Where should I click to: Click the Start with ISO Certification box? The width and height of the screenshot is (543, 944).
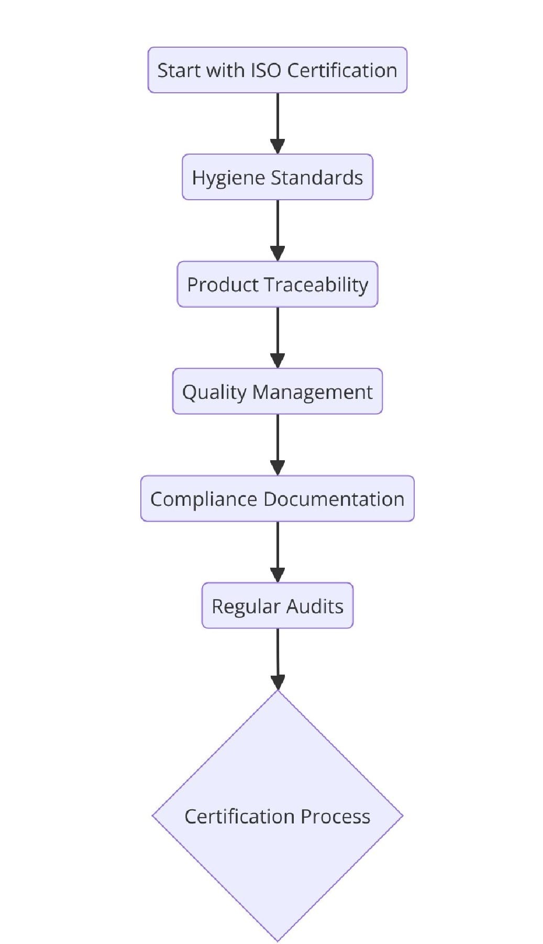pyautogui.click(x=277, y=70)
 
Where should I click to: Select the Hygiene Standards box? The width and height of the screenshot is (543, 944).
pyautogui.click(x=277, y=177)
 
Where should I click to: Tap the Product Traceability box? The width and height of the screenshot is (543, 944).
pyautogui.click(x=277, y=285)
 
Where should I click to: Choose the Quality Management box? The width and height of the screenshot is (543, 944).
pyautogui.click(x=277, y=392)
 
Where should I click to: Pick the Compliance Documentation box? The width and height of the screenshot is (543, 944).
pyautogui.click(x=277, y=499)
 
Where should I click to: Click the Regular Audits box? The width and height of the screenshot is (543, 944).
pyautogui.click(x=277, y=606)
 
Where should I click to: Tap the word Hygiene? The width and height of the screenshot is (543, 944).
pyautogui.click(x=220, y=178)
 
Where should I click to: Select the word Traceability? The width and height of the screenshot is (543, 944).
pyautogui.click(x=316, y=285)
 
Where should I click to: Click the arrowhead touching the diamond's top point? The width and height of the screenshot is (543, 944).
pyautogui.click(x=278, y=682)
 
